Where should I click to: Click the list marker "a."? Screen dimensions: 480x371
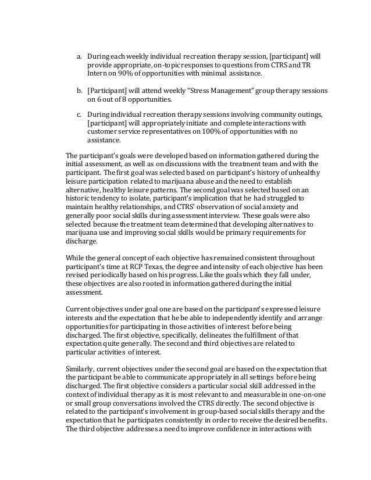80,57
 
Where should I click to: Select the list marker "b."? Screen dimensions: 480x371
80,91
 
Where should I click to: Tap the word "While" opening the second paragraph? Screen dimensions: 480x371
76,282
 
